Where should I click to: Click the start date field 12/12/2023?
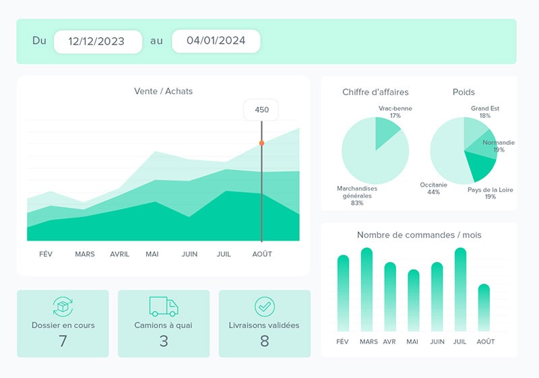(x=98, y=41)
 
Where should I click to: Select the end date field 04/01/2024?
(x=216, y=41)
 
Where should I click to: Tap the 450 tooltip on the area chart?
(x=261, y=110)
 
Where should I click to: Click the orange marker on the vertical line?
(x=261, y=143)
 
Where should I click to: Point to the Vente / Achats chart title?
(x=163, y=91)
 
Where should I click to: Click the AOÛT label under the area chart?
(x=261, y=254)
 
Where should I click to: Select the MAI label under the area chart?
(x=152, y=254)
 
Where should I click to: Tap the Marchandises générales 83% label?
(x=357, y=195)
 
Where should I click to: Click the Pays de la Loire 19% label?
(x=490, y=193)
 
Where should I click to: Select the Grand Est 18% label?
(x=485, y=112)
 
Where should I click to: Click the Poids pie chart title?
(x=464, y=92)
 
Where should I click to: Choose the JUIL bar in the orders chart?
(x=461, y=290)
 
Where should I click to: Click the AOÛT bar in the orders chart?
(x=484, y=307)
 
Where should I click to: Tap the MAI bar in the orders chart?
(x=414, y=301)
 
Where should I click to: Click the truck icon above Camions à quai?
(x=164, y=307)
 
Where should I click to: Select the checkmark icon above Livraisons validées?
(x=265, y=307)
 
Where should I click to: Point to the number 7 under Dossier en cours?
(x=63, y=341)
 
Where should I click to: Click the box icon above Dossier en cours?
(x=63, y=307)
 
